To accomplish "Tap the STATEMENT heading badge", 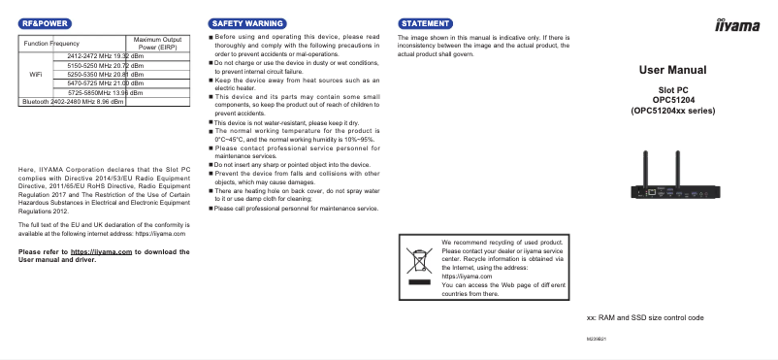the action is click(x=426, y=21).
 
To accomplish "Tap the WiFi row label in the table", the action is click(x=36, y=74).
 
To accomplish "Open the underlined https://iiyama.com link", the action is click(x=102, y=251).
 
